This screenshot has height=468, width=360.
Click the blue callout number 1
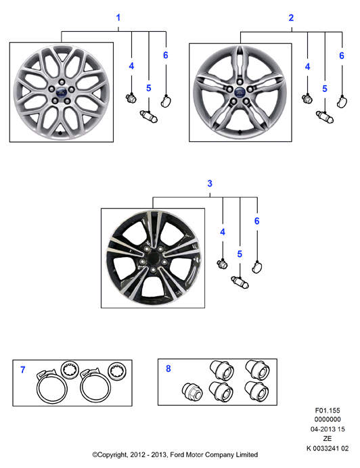click(118, 18)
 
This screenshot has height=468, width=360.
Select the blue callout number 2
click(291, 18)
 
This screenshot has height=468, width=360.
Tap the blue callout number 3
click(210, 183)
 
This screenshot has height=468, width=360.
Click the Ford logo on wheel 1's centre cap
click(61, 91)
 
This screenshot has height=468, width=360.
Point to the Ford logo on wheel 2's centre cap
click(240, 92)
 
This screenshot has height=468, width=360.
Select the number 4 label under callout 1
click(131, 66)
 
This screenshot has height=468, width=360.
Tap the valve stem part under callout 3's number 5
click(240, 282)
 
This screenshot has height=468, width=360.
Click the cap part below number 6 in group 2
click(342, 101)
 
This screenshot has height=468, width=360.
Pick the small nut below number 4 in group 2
click(307, 99)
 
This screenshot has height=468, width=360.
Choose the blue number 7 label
click(23, 370)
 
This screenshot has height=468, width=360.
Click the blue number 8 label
click(168, 369)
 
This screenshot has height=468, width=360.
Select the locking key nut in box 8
click(192, 392)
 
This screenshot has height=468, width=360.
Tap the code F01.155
click(328, 411)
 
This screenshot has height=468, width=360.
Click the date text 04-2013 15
click(328, 429)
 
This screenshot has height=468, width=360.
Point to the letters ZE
click(327, 438)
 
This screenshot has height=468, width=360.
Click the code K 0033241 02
click(328, 448)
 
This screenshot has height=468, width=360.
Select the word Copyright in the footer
click(110, 455)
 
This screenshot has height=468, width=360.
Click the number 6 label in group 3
click(256, 221)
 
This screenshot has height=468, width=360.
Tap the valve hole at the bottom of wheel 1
click(60, 133)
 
